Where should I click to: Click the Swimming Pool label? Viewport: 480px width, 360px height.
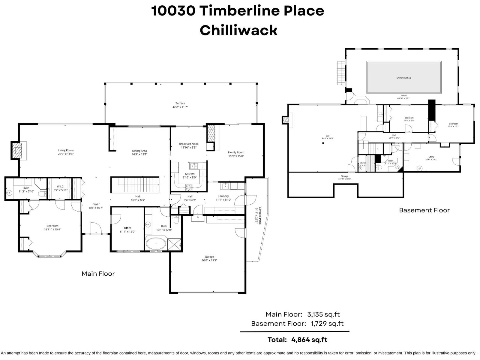(404, 78)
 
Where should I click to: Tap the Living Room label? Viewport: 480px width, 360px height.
(66, 150)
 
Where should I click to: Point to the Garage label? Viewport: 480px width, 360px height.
(209, 257)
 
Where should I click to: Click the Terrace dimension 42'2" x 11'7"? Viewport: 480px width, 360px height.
(180, 107)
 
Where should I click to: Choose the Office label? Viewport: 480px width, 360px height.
(127, 228)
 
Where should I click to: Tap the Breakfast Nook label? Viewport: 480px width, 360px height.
(189, 144)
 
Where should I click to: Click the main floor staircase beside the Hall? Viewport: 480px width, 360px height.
(135, 184)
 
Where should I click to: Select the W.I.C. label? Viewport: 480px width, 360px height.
(60, 186)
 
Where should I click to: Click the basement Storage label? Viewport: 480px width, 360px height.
(344, 176)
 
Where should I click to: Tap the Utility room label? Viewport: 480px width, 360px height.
(431, 157)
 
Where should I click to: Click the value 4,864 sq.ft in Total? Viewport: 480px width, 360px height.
(309, 340)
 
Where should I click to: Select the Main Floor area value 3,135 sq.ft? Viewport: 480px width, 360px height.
(323, 314)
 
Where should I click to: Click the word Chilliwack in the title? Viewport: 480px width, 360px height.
(238, 30)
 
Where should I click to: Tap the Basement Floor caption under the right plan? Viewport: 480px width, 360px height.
(424, 210)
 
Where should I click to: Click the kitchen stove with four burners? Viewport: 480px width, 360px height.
(189, 187)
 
